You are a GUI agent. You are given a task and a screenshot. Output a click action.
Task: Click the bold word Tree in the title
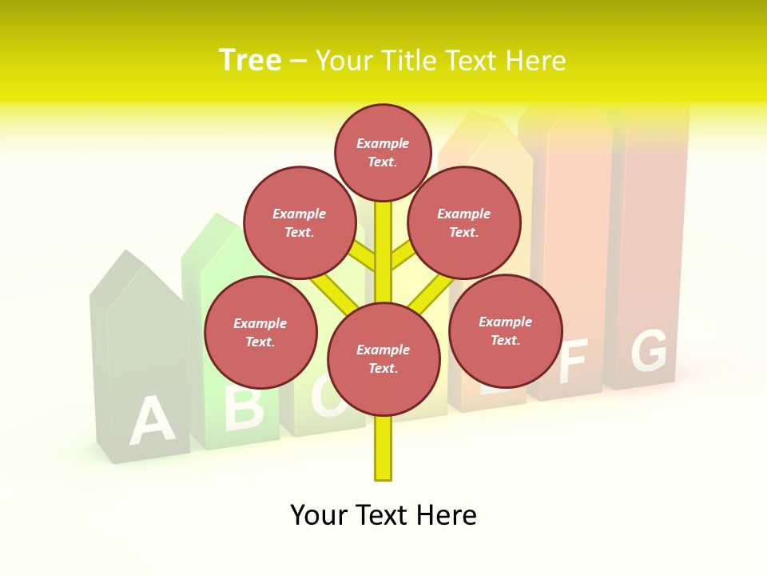[x=250, y=60]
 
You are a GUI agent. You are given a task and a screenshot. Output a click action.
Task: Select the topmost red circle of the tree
[x=383, y=152]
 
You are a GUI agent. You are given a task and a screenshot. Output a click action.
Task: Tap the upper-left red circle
[x=300, y=222]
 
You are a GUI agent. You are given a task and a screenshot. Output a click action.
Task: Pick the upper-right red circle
[x=464, y=222]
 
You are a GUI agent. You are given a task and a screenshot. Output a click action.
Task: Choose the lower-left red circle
[x=260, y=332]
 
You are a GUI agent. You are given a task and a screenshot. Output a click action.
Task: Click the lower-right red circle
[x=505, y=330]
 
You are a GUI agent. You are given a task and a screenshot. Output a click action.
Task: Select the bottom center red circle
[x=383, y=359]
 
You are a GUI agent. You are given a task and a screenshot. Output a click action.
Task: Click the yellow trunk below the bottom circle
[x=383, y=448]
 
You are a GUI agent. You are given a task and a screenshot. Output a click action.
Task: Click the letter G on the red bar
[x=649, y=351]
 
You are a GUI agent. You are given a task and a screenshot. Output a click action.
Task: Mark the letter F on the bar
[x=574, y=362]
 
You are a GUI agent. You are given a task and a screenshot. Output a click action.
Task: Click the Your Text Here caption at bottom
[x=383, y=515]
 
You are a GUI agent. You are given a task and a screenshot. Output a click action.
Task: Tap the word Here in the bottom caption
[x=448, y=515]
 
